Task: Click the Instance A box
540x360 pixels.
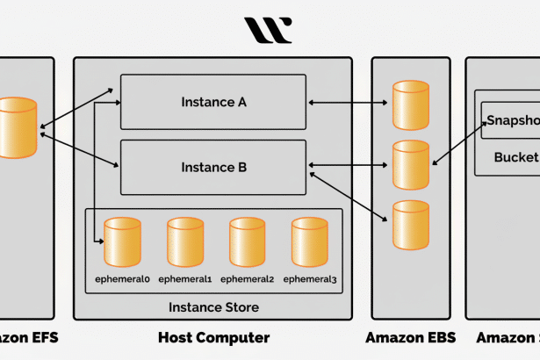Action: coord(213,102)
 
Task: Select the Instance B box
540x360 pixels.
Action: coord(213,167)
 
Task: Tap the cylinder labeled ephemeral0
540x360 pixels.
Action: coord(122,242)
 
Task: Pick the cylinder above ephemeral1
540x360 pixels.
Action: coord(184,242)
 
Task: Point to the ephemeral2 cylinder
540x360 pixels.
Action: coord(247,242)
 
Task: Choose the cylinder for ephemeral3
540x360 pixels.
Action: coord(309,242)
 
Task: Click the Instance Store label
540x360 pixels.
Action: coord(213,307)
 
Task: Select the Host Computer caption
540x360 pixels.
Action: coord(213,338)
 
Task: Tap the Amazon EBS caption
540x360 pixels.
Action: coord(411,338)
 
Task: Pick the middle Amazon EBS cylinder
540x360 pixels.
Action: coord(411,164)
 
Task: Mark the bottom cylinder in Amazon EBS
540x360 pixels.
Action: coord(411,224)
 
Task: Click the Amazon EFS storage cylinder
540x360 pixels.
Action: coord(18,128)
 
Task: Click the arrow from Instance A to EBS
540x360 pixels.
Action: coord(349,103)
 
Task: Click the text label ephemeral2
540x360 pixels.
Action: coord(247,279)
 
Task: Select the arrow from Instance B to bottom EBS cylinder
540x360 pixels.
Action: coord(349,193)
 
